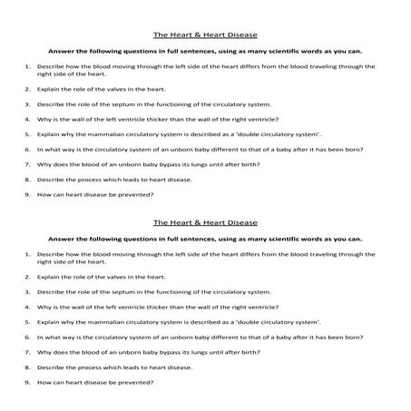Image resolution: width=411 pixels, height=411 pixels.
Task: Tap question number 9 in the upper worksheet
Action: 29,195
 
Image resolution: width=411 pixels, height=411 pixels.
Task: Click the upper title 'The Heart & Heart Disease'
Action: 205,35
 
